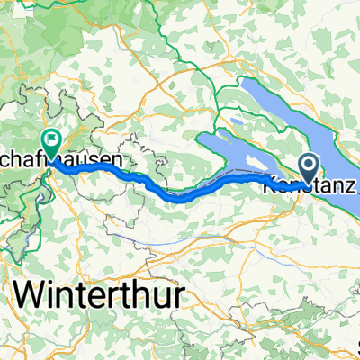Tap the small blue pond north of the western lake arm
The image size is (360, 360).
(236, 122)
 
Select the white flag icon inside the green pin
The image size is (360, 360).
(50, 139)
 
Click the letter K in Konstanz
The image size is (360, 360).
(269, 190)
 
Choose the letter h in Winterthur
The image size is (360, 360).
(146, 294)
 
